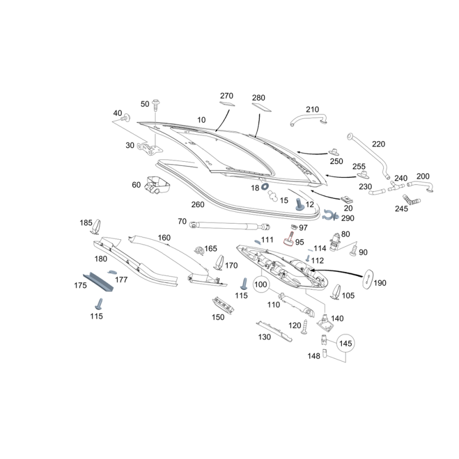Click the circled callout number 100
point(261,284)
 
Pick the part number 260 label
point(198,205)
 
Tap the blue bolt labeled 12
point(298,204)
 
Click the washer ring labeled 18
point(265,186)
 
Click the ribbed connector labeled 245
point(411,201)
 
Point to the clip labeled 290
point(329,215)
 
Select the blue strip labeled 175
point(98,281)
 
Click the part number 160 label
point(164,238)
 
